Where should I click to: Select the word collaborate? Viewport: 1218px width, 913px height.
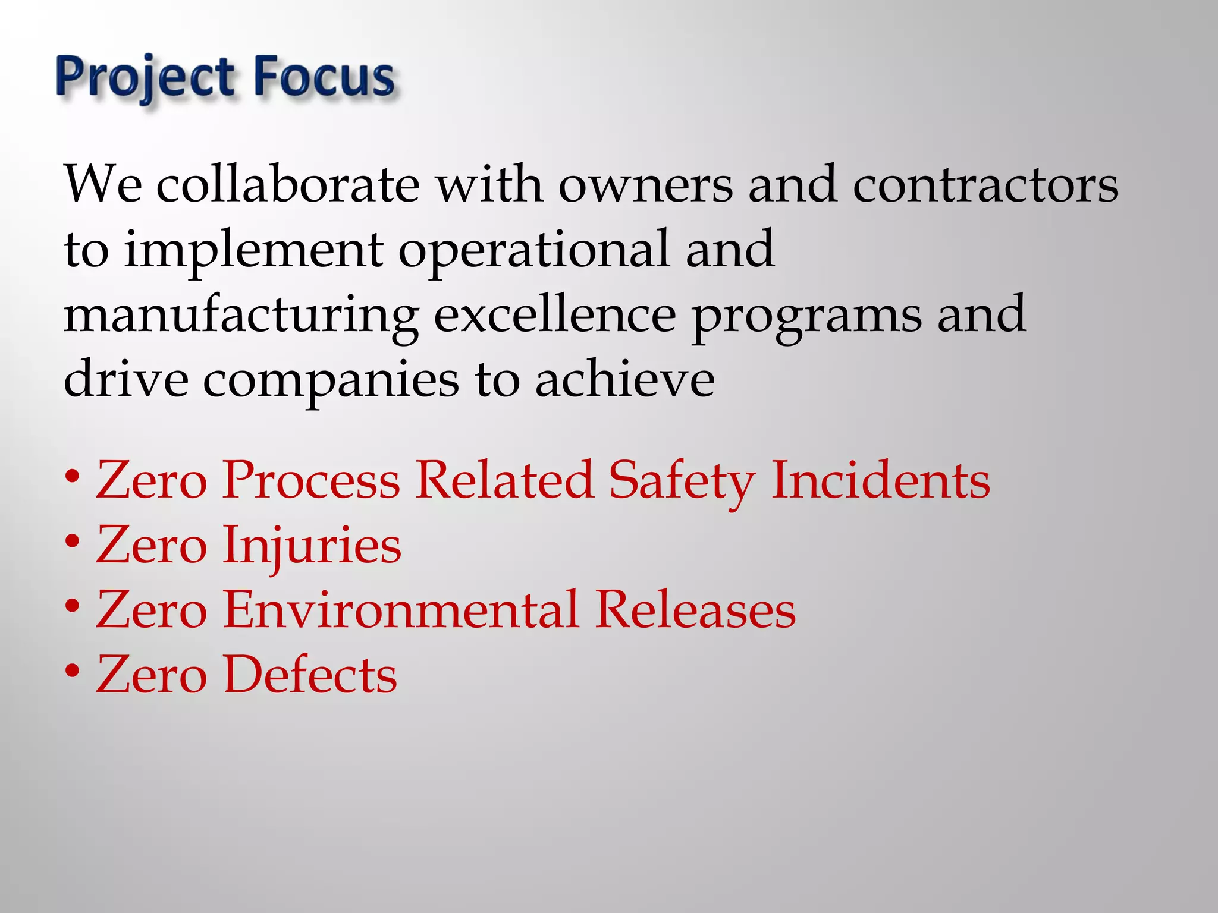tap(288, 184)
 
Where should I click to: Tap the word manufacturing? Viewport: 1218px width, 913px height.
tap(241, 316)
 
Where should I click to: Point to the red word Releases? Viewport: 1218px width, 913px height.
tap(695, 610)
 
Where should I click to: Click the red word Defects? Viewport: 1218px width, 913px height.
tap(310, 675)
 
